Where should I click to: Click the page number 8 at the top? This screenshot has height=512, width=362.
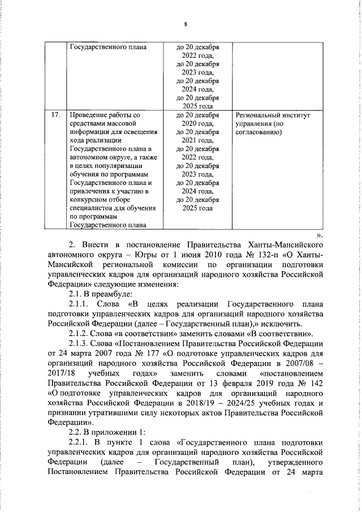coord(185,24)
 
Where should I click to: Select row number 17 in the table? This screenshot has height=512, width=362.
coord(55,115)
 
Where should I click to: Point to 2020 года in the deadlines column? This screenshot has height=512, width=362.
coord(197,123)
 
